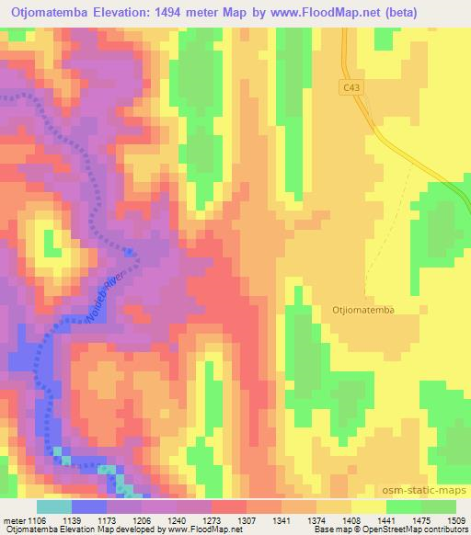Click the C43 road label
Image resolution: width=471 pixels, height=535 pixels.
350,86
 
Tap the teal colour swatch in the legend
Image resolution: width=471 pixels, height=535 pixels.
54,507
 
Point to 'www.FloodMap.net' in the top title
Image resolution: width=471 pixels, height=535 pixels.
355,12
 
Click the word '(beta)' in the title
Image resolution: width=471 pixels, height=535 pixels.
440,12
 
